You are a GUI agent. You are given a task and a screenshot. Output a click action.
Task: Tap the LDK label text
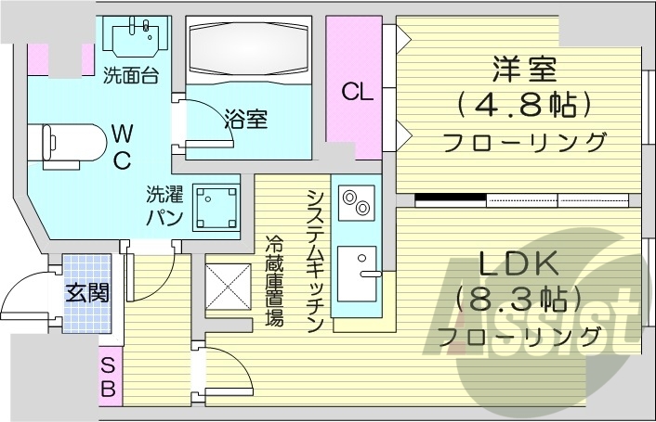518,266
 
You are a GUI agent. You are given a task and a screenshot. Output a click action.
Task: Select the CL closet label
357,92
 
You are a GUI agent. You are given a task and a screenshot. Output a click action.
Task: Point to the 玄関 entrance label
86,293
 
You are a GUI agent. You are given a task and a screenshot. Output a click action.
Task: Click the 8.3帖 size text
518,301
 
